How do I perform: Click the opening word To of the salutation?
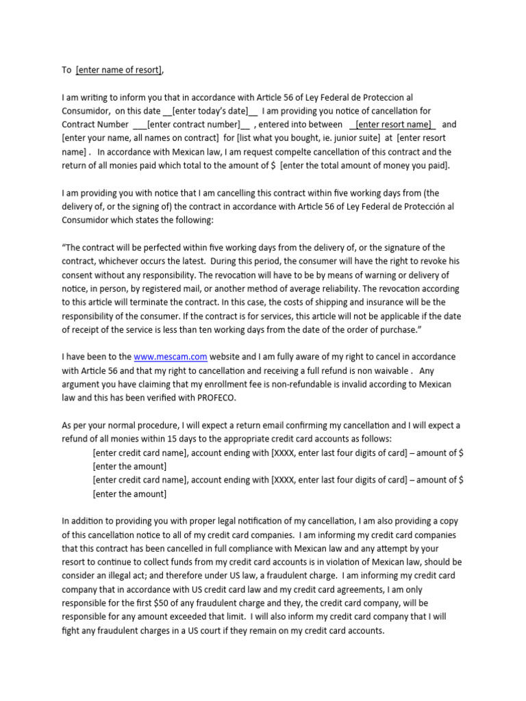point(66,70)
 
